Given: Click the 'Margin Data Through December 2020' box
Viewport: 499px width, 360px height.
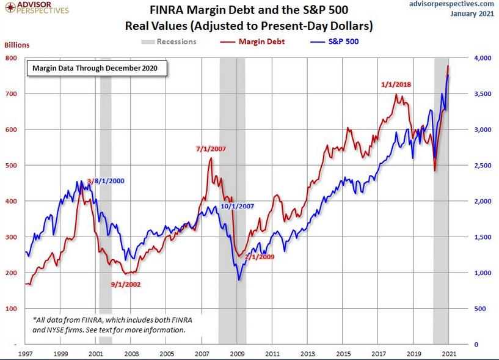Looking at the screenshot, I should pos(95,68).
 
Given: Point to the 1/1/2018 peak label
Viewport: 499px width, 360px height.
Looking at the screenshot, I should pos(396,84).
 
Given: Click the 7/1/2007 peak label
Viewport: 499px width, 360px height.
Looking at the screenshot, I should pos(210,149).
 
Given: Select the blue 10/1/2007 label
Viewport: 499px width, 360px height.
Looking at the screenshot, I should pos(237,207).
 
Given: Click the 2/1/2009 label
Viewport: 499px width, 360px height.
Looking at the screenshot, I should pos(259,257).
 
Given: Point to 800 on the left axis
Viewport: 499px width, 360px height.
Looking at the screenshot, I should pos(10,58).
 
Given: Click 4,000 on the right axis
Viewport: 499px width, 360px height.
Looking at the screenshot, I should pos(482,58).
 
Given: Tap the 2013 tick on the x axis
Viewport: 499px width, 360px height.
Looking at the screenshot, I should pos(307,353).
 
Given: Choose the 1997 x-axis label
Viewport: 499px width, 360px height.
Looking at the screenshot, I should pos(25,353).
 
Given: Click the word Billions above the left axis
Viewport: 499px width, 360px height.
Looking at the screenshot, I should pos(17,45).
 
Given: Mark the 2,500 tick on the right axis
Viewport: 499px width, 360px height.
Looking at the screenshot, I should pos(482,166).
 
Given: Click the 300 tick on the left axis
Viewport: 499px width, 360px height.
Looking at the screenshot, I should pos(10,237).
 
